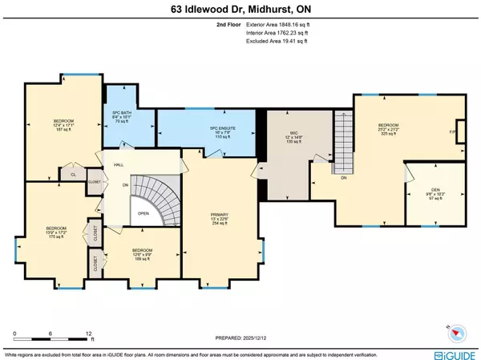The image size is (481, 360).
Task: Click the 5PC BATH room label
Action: point(123,115)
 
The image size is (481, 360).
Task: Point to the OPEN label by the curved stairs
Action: point(143,213)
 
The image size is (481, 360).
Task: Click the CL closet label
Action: point(72,172)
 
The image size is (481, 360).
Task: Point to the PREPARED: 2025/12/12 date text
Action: point(240,339)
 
